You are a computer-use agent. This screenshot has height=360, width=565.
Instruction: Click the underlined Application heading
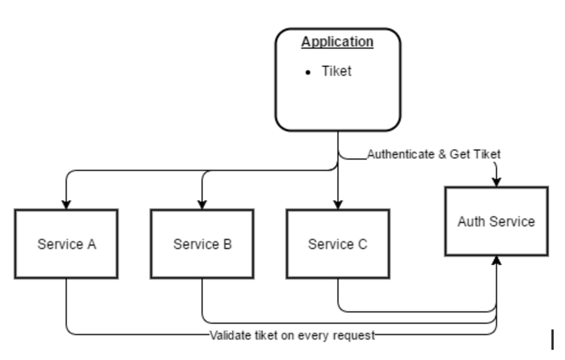tap(337, 42)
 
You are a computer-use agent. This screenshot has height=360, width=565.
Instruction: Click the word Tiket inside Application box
tap(336, 71)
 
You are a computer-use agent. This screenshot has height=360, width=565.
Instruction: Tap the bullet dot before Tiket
tap(308, 72)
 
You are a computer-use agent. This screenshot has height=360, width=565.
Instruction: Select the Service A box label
tap(66, 245)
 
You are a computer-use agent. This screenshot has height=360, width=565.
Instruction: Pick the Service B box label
tap(202, 245)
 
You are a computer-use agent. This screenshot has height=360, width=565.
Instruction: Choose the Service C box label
tap(337, 245)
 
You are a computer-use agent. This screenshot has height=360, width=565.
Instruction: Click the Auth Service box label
tap(496, 221)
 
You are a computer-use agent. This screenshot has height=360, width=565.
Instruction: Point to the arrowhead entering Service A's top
tap(66, 204)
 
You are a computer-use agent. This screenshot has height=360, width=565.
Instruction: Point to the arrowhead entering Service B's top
tap(202, 204)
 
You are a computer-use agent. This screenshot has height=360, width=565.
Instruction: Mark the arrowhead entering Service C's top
tap(338, 204)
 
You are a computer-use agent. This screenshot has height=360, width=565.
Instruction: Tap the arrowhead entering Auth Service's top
tap(496, 182)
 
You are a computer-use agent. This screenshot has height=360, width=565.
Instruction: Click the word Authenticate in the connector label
tap(401, 154)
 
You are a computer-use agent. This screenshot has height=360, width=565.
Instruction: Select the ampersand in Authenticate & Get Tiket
tap(442, 154)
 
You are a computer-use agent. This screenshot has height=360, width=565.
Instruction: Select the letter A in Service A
tap(91, 245)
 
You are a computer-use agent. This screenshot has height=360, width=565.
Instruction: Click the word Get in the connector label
tap(459, 154)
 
